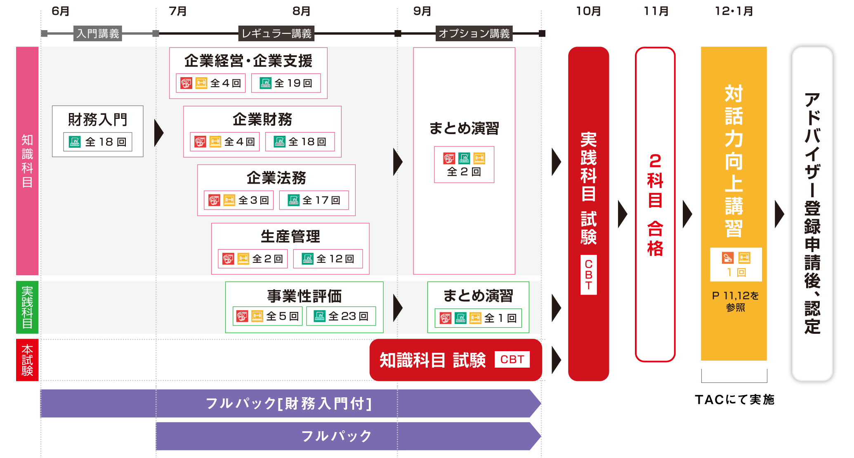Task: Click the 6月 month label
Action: (x=60, y=11)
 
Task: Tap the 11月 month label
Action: (x=656, y=11)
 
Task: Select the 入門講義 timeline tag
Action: (x=98, y=33)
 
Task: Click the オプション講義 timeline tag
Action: (x=474, y=33)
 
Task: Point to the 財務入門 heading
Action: (x=98, y=120)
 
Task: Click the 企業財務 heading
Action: (x=262, y=120)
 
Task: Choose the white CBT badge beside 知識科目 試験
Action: (x=512, y=359)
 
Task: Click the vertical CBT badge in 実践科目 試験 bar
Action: (x=588, y=275)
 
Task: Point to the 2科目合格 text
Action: (x=655, y=204)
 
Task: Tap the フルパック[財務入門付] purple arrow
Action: (x=289, y=404)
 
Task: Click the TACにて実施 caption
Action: (x=734, y=399)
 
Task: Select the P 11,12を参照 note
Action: (x=735, y=301)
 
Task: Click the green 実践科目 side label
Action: (x=27, y=307)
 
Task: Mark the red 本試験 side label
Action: (x=27, y=360)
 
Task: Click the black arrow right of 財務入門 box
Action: (x=158, y=133)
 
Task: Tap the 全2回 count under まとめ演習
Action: (x=464, y=172)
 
